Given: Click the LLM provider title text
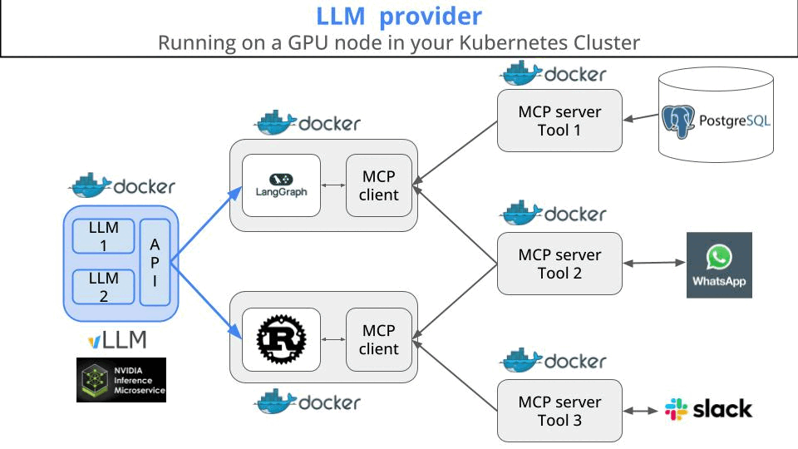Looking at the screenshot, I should [399, 16].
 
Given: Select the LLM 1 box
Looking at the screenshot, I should [104, 236].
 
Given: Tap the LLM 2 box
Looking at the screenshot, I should [104, 287].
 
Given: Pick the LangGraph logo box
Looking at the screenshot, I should [281, 185].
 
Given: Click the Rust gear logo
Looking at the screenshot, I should [281, 339].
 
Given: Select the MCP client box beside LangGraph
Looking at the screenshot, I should [379, 185].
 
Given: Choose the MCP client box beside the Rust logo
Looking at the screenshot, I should [379, 339].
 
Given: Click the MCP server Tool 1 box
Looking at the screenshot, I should [559, 121].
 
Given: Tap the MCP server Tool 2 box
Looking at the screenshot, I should [559, 264].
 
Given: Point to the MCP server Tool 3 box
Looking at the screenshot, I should [559, 411].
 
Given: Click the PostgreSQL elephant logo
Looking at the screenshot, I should [678, 121].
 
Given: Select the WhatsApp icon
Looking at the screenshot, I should [719, 264].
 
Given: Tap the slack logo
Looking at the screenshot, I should [708, 409].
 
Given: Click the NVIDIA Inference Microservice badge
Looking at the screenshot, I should [121, 380].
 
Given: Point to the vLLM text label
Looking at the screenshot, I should [117, 339].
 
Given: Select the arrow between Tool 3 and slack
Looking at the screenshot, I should [642, 411].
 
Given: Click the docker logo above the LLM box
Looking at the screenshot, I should [122, 185].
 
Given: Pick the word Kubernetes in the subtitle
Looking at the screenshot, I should [506, 42].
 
